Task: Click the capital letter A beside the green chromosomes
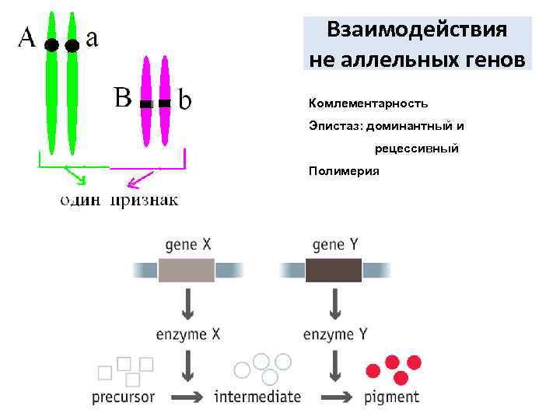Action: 26,37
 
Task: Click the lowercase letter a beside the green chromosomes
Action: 92,37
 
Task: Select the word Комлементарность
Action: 368,103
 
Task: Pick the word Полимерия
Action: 344,170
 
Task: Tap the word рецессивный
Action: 416,148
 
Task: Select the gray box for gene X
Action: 187,270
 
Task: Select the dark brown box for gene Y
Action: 333,270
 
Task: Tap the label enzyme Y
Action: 334,334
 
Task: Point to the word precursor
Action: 124,397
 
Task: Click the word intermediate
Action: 257,397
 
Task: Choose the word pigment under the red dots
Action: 392,397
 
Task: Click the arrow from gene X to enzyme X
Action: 187,303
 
